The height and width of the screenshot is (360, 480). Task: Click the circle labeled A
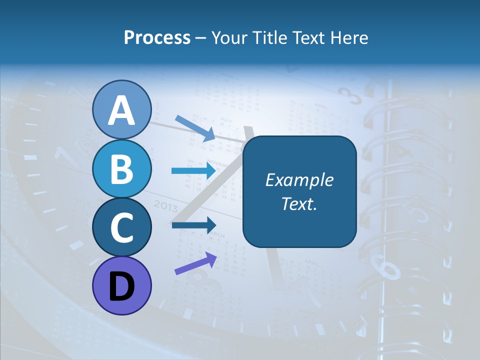point(121,109)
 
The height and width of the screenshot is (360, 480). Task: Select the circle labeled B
point(121,168)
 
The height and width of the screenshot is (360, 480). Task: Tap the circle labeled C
point(121,227)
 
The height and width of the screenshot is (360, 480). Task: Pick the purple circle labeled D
point(121,285)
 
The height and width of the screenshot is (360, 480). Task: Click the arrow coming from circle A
point(195,127)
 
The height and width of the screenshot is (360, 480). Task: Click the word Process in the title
point(157,37)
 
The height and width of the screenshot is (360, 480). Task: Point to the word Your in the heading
point(229,37)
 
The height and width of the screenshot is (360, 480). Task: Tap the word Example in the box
point(299,180)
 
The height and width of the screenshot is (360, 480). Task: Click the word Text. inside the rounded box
point(299,203)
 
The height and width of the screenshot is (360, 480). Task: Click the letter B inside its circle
point(121,169)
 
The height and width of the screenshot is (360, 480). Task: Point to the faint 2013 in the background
point(166,205)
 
